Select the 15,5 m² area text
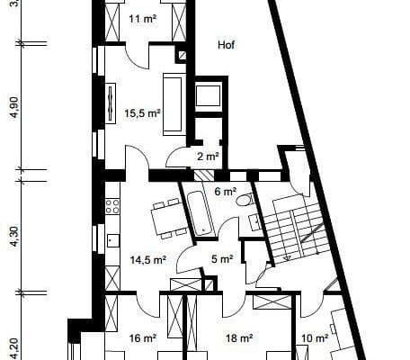[142, 114]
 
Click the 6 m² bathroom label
[224, 192]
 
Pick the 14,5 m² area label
[147, 260]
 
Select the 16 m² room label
[143, 338]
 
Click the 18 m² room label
[238, 338]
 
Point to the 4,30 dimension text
[13, 237]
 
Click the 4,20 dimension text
[13, 346]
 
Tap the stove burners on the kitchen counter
[112, 205]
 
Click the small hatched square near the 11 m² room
[183, 55]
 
